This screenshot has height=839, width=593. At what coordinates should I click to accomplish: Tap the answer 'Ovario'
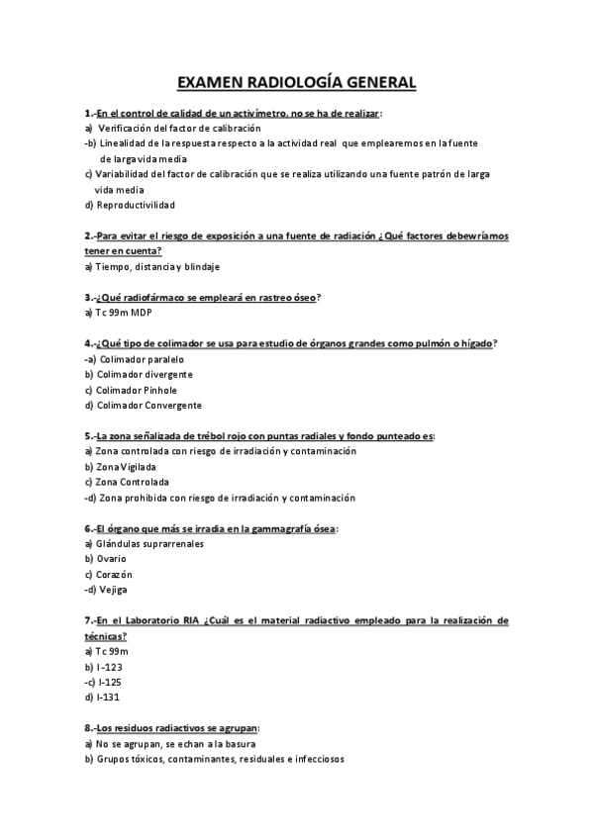[111, 559]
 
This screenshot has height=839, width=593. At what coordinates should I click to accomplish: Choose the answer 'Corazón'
[114, 574]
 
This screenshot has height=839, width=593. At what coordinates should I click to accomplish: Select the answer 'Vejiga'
[114, 590]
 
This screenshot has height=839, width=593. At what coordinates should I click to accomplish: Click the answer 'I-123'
[108, 666]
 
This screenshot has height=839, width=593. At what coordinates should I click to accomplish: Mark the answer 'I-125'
[109, 682]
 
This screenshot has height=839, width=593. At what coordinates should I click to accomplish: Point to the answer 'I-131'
[108, 697]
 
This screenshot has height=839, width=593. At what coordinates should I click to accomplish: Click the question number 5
[88, 435]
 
